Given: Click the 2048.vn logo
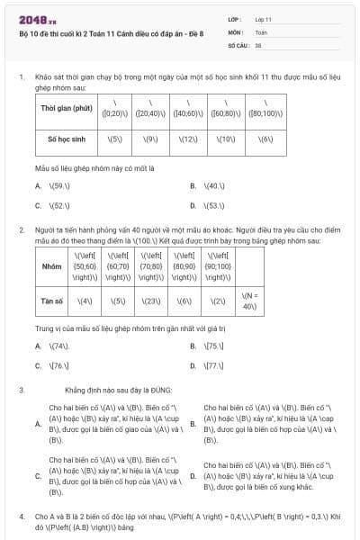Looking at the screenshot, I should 37,19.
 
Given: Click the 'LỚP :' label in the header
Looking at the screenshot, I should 236,18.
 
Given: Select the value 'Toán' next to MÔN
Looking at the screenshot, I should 261,31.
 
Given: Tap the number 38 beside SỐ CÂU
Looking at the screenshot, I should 258,43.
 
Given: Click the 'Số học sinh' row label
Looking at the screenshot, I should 67,139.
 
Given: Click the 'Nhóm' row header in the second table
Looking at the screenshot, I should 52,266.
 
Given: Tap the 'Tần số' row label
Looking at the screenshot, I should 52,301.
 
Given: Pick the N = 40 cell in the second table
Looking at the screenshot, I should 250,301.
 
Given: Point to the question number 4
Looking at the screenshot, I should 21,517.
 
